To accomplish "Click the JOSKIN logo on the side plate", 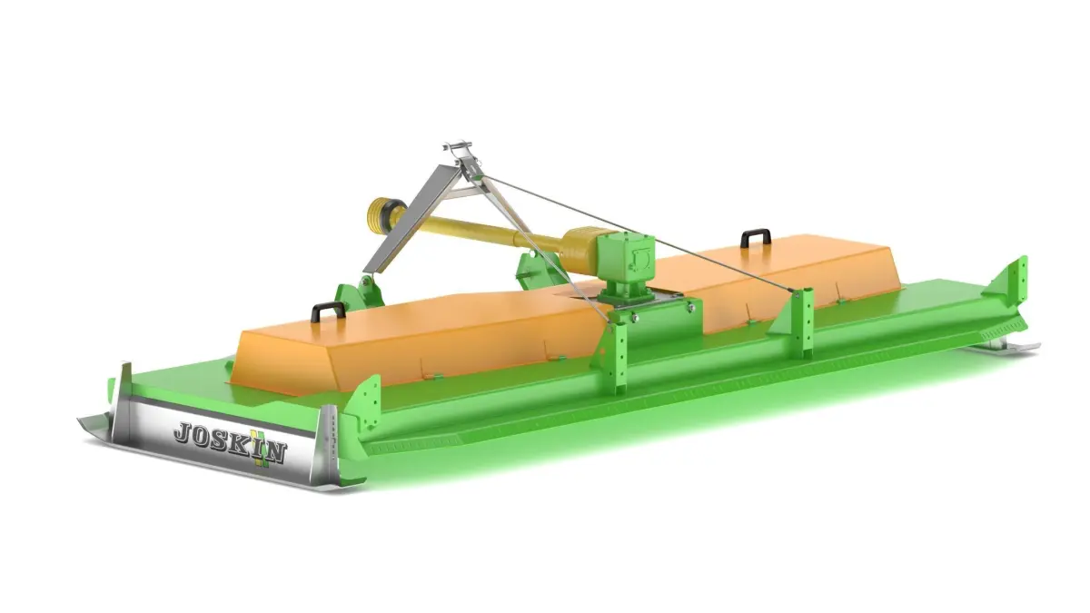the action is [230, 443].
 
